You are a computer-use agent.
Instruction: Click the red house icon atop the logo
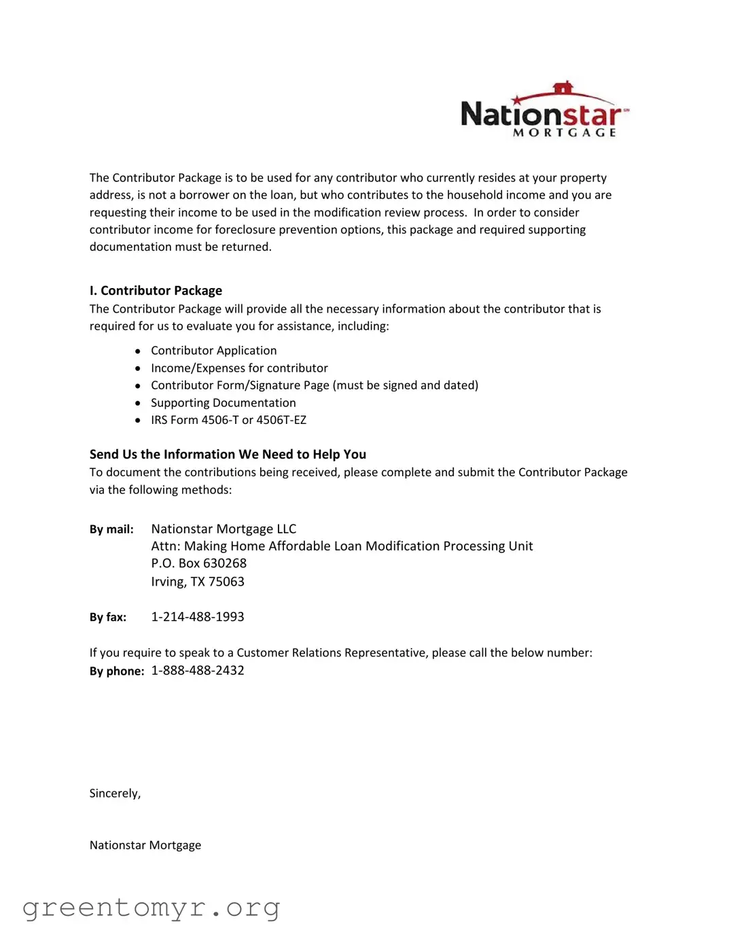point(563,88)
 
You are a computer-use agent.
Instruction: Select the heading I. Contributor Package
point(156,291)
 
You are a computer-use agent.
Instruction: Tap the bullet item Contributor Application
point(213,351)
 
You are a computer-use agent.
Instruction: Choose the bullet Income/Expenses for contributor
point(239,368)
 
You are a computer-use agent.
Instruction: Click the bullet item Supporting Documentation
point(223,403)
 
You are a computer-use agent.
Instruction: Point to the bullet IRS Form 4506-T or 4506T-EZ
point(228,420)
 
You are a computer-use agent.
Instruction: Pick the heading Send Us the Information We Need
point(228,455)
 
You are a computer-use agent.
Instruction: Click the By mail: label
point(111,529)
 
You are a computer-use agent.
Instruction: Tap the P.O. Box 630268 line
point(198,563)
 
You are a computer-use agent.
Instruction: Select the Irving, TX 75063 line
point(197,582)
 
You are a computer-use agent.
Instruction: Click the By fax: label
point(108,618)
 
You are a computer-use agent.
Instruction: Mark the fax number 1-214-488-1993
point(197,617)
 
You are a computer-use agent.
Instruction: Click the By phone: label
point(117,671)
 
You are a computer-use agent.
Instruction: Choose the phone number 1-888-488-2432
point(197,671)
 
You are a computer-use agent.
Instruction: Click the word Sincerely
point(115,794)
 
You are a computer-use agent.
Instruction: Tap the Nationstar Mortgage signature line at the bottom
point(145,845)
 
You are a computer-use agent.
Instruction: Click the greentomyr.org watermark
point(151,908)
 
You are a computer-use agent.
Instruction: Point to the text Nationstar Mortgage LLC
point(224,529)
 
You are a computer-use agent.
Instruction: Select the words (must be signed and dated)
point(406,385)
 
